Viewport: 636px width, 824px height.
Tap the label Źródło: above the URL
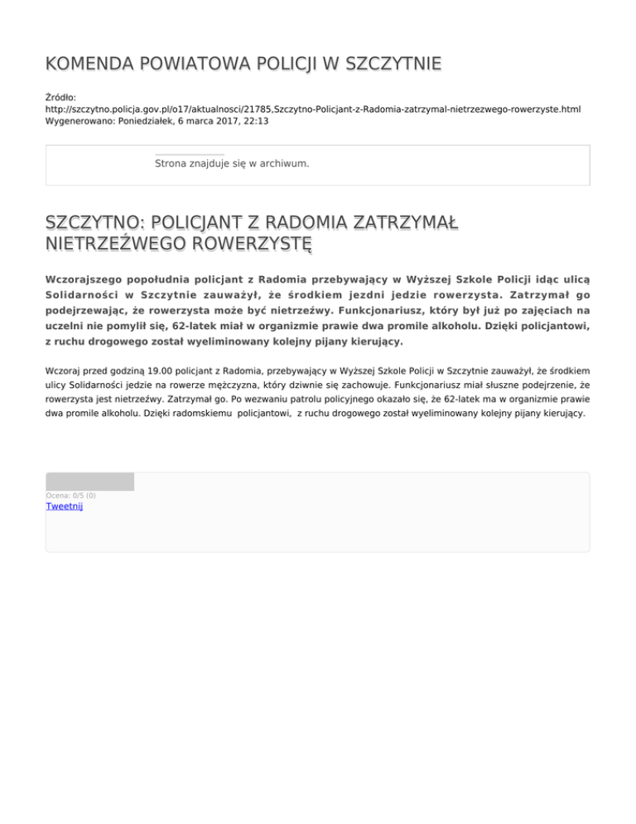coord(61,97)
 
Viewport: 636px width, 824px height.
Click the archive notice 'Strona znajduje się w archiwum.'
coord(232,163)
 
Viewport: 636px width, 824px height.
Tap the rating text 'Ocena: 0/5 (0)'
coord(70,496)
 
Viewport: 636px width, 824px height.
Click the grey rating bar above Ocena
coord(89,482)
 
